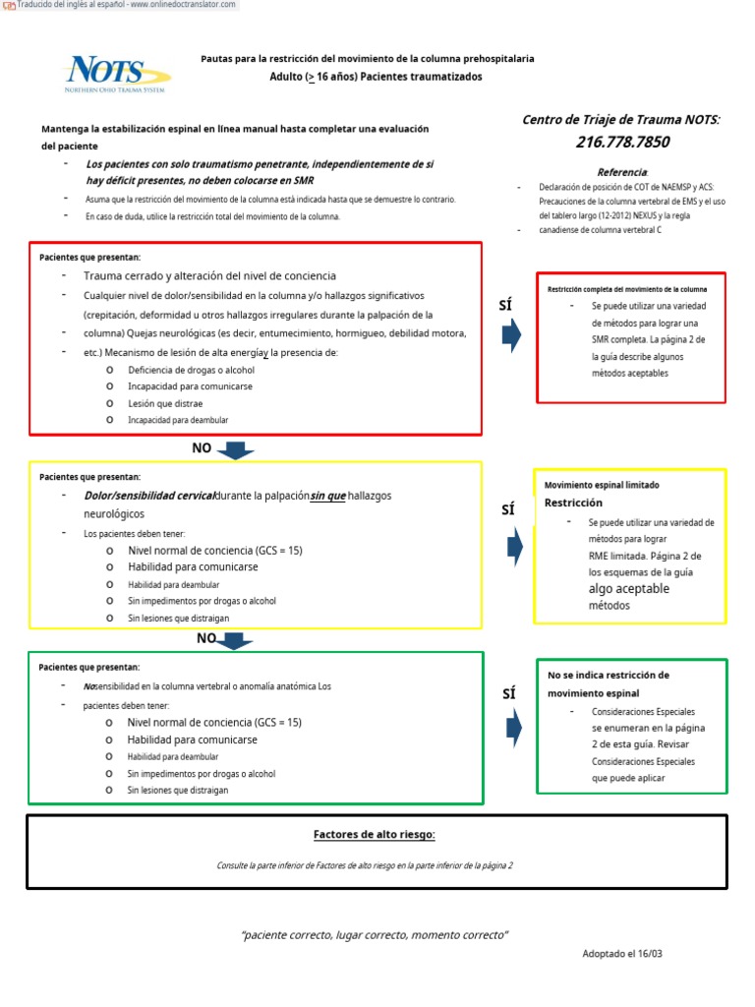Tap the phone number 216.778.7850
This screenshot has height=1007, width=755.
[x=622, y=142]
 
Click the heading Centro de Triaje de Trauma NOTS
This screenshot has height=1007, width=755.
[x=620, y=119]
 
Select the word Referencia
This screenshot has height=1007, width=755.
[x=621, y=172]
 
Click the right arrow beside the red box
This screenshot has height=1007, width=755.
[x=511, y=335]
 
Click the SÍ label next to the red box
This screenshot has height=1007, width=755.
[x=506, y=307]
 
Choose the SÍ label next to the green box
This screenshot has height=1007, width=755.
[x=508, y=693]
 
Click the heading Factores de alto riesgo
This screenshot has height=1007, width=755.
[x=374, y=835]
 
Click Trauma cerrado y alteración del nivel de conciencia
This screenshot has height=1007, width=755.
[x=209, y=276]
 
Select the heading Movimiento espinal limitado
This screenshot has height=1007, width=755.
[x=602, y=485]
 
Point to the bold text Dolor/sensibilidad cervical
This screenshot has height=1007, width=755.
[x=148, y=496]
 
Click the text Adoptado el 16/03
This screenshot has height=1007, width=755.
[x=628, y=954]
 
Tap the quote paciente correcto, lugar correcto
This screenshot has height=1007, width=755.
[x=375, y=934]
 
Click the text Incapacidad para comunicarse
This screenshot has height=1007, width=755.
[x=190, y=386]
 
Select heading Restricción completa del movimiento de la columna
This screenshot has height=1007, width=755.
[x=627, y=289]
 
